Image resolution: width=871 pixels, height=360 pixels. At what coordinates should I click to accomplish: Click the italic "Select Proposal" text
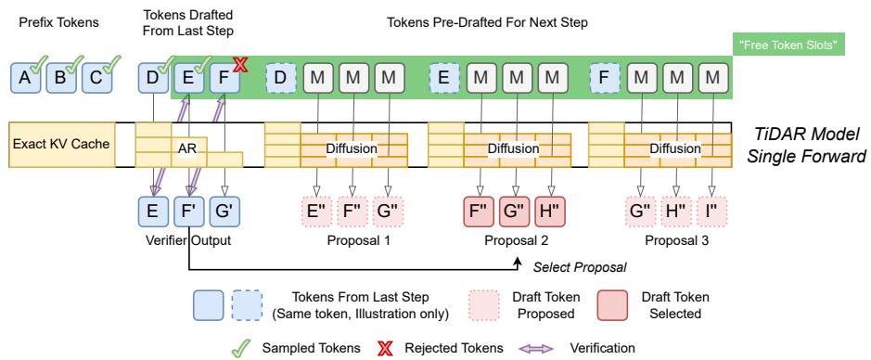pos(578,268)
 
